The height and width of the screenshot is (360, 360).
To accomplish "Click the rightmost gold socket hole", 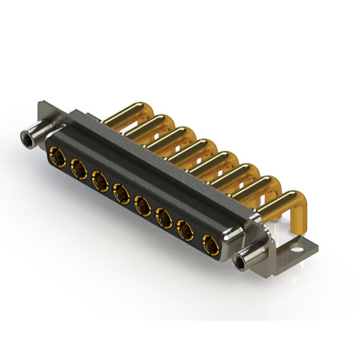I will [x=209, y=243].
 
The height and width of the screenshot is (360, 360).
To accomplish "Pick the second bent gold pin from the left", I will [x=151, y=123].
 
